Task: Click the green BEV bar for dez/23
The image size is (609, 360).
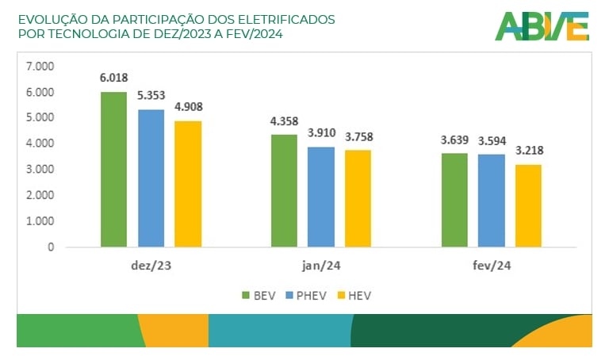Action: point(113,170)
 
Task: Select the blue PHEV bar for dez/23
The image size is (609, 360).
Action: point(151,178)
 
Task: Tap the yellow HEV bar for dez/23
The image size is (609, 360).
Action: point(188,184)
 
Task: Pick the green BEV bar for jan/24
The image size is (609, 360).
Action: point(284,191)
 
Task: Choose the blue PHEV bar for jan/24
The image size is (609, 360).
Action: point(321,197)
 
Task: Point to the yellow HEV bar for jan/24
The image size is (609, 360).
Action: point(358,198)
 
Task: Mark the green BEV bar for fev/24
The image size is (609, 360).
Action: point(454,200)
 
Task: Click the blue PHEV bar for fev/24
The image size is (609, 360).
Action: point(492,201)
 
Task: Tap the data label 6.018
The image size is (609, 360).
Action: point(113,79)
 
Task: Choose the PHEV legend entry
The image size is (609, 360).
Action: point(303,296)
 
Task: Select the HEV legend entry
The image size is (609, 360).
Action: point(354,296)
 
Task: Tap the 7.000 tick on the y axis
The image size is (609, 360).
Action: point(40,66)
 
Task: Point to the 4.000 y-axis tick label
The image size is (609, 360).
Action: point(40,144)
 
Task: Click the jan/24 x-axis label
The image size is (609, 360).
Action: point(321,266)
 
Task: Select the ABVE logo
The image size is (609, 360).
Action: point(542,26)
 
